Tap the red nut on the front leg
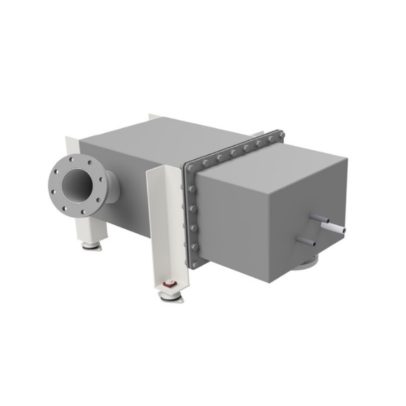click(169, 285)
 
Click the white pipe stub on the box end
click(336, 226)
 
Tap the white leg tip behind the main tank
click(154, 116)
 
